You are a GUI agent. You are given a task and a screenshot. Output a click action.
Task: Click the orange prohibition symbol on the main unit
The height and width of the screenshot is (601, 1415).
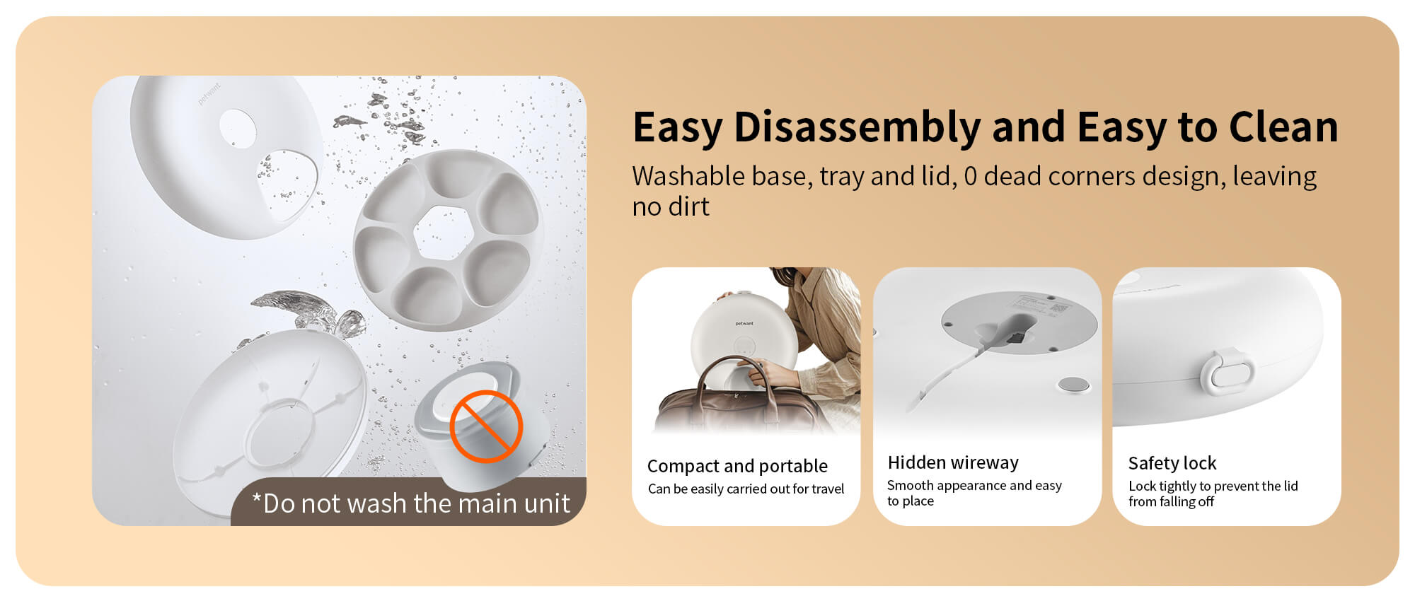pyautogui.click(x=486, y=426)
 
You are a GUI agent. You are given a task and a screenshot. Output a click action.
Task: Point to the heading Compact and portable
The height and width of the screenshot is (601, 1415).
pyautogui.click(x=737, y=466)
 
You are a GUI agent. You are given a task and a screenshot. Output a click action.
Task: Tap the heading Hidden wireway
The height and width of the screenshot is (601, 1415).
pyautogui.click(x=953, y=462)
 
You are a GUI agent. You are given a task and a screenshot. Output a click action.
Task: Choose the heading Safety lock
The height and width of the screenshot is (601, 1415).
pyautogui.click(x=1172, y=463)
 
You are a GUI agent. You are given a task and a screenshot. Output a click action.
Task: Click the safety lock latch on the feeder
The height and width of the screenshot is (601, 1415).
pyautogui.click(x=1227, y=371)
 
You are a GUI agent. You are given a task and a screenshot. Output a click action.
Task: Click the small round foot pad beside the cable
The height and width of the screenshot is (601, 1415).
pyautogui.click(x=1073, y=385)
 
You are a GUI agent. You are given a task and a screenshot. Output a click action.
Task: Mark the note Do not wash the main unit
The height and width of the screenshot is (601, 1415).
pyautogui.click(x=411, y=503)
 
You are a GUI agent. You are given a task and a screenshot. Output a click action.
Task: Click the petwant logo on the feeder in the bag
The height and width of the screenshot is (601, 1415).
pyautogui.click(x=744, y=324)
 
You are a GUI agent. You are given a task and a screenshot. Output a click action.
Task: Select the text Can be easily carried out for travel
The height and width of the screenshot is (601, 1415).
pyautogui.click(x=746, y=489)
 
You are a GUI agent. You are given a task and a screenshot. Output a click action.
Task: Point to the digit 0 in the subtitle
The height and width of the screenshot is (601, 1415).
pyautogui.click(x=970, y=176)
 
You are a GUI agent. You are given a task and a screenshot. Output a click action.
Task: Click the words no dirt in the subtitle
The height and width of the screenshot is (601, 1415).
pyautogui.click(x=671, y=206)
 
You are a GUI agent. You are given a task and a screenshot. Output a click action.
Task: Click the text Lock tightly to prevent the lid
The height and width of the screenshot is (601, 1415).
pyautogui.click(x=1213, y=486)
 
